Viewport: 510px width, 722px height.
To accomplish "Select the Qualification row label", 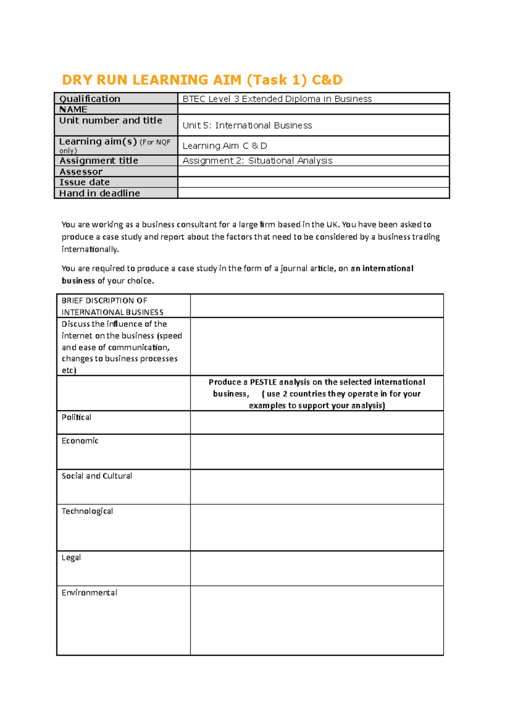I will coord(90,99).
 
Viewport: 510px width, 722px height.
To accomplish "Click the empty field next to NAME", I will coord(313,109).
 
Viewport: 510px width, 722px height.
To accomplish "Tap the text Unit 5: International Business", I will coord(247,125).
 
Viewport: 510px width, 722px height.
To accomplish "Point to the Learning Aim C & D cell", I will coord(224,146).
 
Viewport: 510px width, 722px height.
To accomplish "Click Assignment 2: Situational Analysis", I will coord(257,161).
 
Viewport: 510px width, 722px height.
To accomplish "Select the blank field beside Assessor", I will coord(313,171).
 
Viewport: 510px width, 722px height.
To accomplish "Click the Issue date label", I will coord(85,182).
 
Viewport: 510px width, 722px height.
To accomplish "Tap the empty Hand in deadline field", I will coord(313,193).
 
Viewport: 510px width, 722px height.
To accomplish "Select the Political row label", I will coord(76,418).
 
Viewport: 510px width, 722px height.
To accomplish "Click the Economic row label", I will coord(80,441).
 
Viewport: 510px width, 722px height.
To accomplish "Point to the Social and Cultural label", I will coord(97,476).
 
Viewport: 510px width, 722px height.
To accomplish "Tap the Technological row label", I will coord(87,512).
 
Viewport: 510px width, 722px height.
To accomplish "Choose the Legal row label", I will coord(71,558).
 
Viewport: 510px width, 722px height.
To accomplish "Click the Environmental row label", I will coord(89,593).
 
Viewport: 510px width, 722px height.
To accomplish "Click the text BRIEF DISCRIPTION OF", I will coord(104,301).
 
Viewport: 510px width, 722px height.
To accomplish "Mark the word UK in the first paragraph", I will coord(331,225).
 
